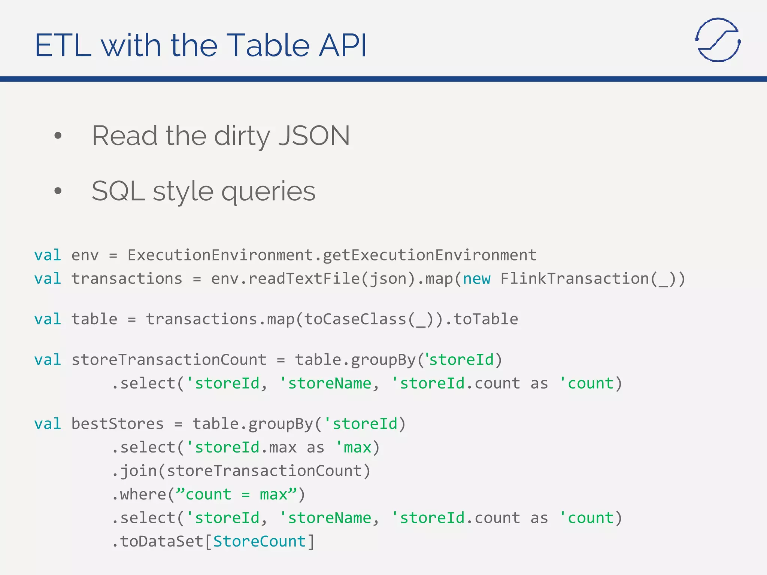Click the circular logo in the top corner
coord(718,40)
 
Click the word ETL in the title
coord(63,45)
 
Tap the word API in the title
coord(342,45)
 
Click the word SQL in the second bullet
coord(118,191)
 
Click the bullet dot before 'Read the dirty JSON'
coord(58,136)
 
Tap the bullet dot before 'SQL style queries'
coord(58,191)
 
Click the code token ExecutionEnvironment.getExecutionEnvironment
coord(332,255)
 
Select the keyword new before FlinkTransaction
coord(476,279)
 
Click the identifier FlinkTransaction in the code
coord(575,279)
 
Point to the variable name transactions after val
coord(127,279)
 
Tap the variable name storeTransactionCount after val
coord(169,360)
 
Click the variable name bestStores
coord(117,424)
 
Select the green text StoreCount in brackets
coord(260,541)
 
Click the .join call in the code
coord(135,471)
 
